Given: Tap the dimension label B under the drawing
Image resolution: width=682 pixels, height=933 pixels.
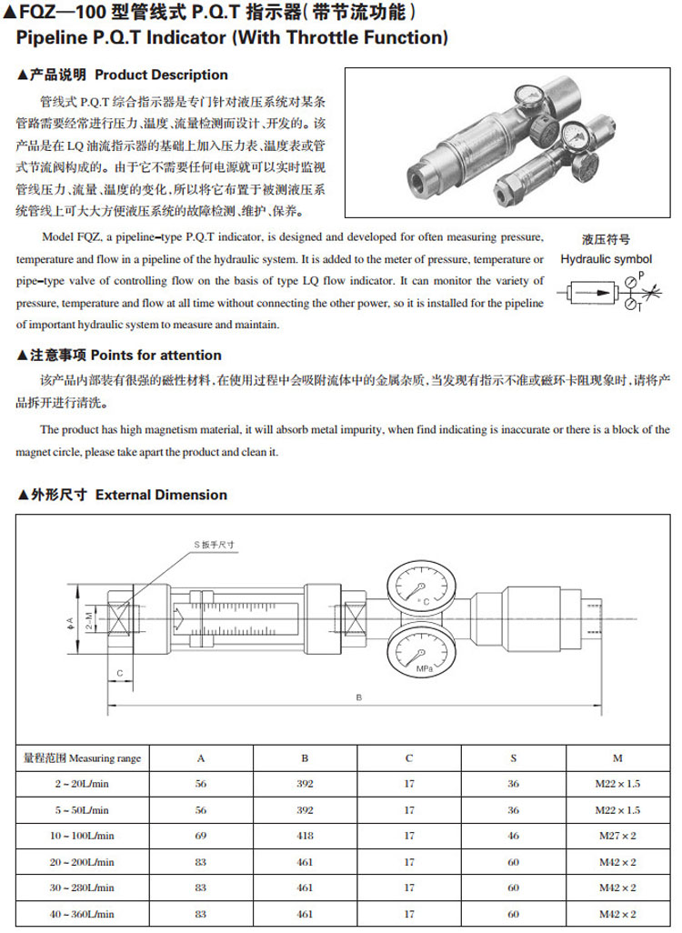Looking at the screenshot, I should click(359, 697).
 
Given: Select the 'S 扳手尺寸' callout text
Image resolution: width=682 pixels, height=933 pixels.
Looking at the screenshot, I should click(215, 544).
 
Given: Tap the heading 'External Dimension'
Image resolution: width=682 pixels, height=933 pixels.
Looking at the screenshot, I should click(161, 495).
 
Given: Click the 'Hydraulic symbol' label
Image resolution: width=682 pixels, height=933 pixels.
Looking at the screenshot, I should click(606, 259).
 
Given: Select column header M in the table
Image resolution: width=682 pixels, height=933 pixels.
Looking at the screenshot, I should click(617, 757).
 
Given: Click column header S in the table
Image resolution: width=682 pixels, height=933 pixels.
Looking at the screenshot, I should click(513, 757).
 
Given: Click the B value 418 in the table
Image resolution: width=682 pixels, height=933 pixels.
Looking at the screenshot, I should click(305, 835).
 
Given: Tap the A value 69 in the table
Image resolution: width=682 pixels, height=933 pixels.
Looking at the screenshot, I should click(201, 835).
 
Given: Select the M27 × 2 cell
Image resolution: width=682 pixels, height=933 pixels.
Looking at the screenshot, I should click(617, 835).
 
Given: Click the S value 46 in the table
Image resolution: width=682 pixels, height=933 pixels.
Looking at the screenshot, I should click(513, 835).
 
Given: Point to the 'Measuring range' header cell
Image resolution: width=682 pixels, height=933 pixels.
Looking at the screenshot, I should click(82, 757).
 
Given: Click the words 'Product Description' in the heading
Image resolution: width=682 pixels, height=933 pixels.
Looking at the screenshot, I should click(161, 75).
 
